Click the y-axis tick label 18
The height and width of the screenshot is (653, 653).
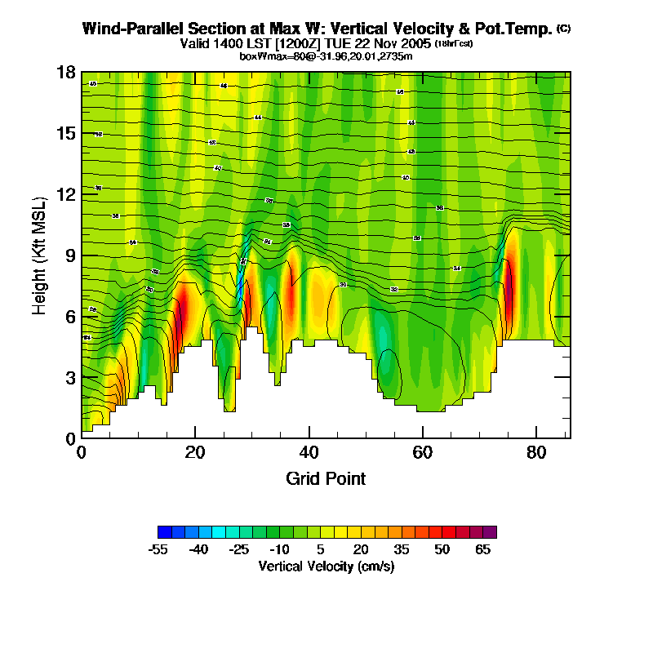click(66, 73)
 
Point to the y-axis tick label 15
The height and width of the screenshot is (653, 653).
click(66, 133)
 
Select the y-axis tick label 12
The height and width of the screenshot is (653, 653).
click(66, 194)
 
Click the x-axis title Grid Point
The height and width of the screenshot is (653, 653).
click(326, 478)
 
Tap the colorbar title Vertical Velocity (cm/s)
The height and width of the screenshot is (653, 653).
click(326, 566)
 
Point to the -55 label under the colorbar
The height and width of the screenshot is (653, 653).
click(158, 549)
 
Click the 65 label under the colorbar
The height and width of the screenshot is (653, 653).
click(482, 549)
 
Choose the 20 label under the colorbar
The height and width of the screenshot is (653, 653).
click(361, 549)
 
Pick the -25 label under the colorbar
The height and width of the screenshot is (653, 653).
click(238, 549)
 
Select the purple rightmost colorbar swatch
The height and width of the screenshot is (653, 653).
click(489, 532)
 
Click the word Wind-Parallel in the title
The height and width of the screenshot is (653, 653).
click(128, 29)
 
